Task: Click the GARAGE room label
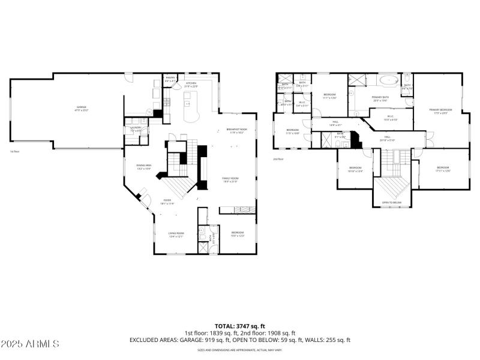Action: coord(80,109)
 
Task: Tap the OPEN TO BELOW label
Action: coord(392,203)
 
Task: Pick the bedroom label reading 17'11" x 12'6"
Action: coord(443,169)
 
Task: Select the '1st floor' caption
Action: coord(16,152)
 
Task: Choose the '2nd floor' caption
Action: coord(278,159)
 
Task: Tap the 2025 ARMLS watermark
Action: coord(30,344)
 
